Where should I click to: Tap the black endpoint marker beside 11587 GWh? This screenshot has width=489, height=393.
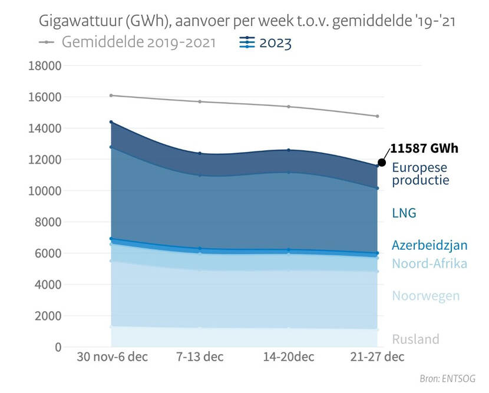pyautogui.click(x=382, y=162)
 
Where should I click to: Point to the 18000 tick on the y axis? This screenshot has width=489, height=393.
pyautogui.click(x=45, y=66)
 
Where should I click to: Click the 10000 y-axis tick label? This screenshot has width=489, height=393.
pyautogui.click(x=45, y=191)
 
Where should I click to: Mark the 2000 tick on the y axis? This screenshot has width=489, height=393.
pyautogui.click(x=48, y=316)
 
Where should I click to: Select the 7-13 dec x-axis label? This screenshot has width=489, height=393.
pyautogui.click(x=200, y=357)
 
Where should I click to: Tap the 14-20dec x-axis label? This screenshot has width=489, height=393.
pyautogui.click(x=289, y=357)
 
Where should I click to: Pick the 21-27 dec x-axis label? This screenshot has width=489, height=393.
pyautogui.click(x=376, y=357)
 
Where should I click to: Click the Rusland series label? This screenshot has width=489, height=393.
pyautogui.click(x=415, y=339)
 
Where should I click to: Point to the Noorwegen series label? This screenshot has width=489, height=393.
pyautogui.click(x=425, y=295)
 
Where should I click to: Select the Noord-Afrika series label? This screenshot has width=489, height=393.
pyautogui.click(x=429, y=263)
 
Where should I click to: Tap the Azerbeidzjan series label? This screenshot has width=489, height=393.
pyautogui.click(x=429, y=246)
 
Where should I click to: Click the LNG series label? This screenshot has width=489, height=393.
pyautogui.click(x=404, y=213)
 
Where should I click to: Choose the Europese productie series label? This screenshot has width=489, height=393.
pyautogui.click(x=420, y=173)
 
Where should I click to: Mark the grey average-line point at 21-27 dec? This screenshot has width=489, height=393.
pyautogui.click(x=377, y=116)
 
